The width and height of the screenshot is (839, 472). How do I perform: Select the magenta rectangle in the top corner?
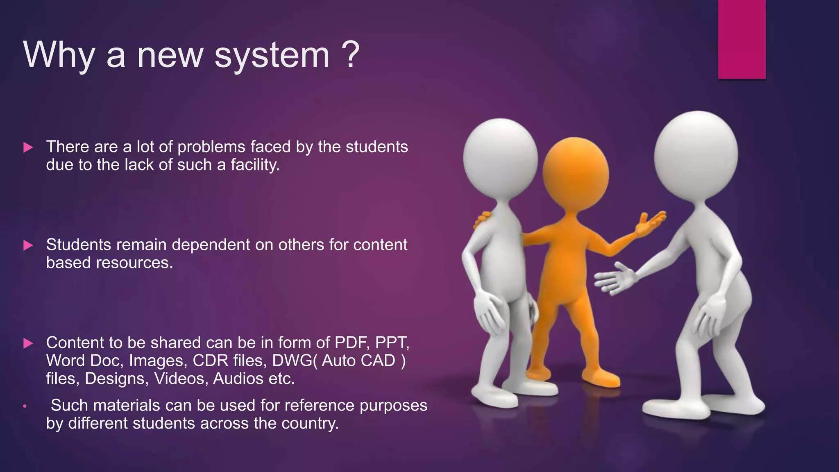coord(741,39)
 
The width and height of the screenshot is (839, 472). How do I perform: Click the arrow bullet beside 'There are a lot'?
coord(28,147)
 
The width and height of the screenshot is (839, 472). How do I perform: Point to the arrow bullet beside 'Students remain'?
coord(28,245)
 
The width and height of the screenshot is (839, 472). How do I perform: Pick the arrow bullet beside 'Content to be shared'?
coord(28,343)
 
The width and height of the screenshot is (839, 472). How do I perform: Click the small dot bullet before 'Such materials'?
coord(25,406)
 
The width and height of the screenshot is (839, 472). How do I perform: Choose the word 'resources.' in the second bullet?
coord(134,263)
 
